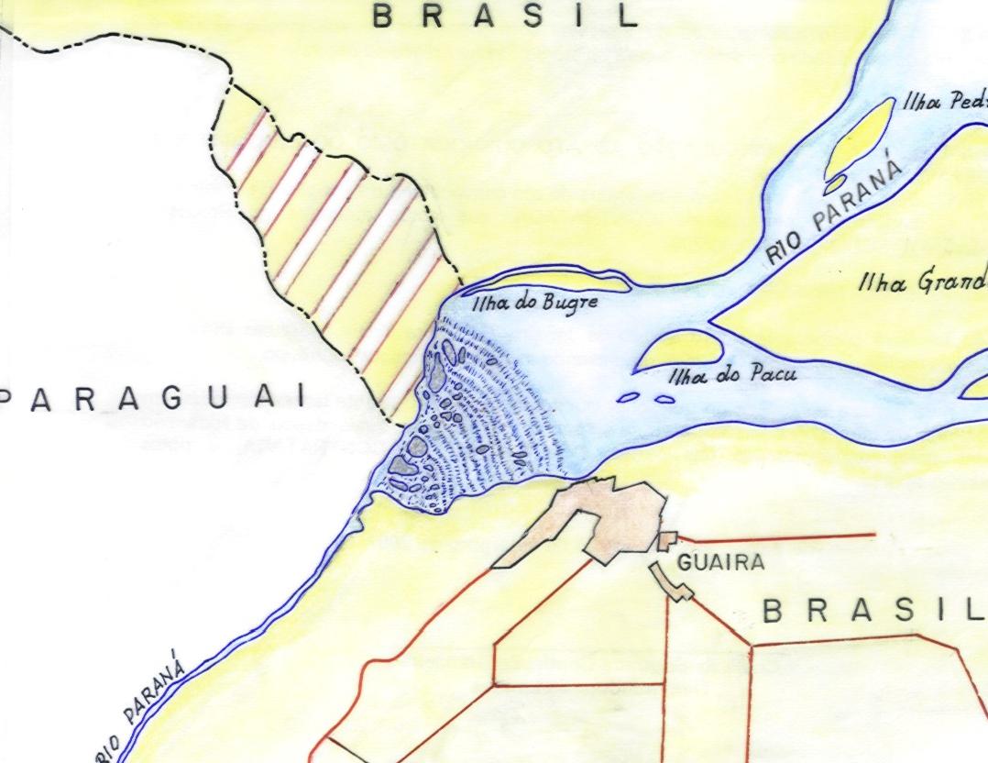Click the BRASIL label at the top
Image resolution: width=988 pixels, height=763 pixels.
coord(506,16)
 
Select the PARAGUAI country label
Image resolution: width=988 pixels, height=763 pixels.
coord(152,398)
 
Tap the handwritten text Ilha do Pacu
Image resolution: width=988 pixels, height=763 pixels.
coord(732,375)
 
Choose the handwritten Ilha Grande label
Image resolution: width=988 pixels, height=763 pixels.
coord(921,282)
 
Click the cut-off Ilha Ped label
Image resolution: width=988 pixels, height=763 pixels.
coord(944,102)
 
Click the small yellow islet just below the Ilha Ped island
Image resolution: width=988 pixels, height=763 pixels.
coord(836,186)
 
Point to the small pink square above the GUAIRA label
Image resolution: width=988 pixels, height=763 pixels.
coord(668,539)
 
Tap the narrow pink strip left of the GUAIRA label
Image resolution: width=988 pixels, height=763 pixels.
coord(671,583)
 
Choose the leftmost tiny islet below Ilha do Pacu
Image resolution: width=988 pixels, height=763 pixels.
coord(629,398)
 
